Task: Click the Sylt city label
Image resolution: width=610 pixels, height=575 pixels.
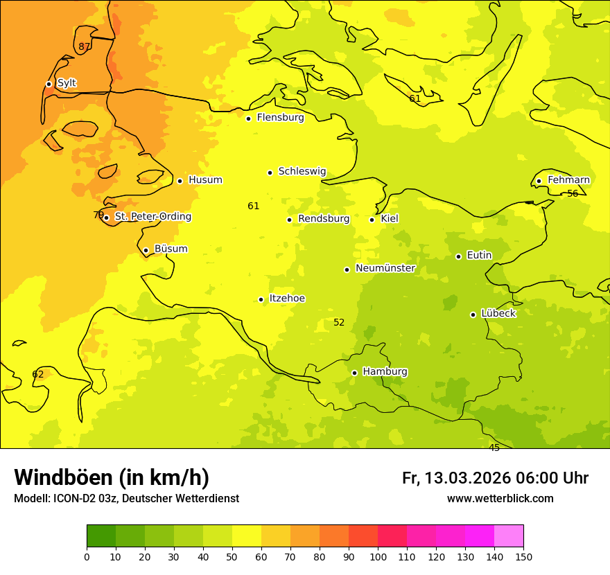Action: point(67,83)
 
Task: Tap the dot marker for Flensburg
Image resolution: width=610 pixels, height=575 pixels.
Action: point(248,118)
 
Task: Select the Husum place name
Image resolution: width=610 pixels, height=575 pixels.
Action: point(205,180)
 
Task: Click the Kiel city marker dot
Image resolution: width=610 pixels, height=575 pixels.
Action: point(372,220)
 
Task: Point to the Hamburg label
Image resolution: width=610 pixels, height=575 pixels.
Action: point(385,371)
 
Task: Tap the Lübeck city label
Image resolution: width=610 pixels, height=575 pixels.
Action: point(498,313)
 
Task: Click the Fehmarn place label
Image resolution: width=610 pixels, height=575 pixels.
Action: point(568,180)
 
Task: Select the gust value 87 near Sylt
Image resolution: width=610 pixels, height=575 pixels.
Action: point(84,47)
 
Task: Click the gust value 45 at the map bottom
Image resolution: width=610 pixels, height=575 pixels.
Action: point(494,448)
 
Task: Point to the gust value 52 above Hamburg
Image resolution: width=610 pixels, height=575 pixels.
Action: point(339,323)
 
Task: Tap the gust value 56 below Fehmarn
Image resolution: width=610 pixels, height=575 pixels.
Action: point(573,194)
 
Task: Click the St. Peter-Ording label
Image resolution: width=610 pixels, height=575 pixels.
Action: point(152,217)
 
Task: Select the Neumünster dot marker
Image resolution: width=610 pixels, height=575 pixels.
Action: point(347,269)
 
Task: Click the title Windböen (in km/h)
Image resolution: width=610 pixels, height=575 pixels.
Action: point(112,477)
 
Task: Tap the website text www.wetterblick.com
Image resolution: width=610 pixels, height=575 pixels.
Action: point(500,499)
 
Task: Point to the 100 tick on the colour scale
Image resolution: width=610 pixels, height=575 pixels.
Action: point(378,556)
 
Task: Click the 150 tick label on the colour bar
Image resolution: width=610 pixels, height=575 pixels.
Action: point(523,556)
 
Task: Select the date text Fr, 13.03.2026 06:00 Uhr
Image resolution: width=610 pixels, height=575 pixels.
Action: point(495,478)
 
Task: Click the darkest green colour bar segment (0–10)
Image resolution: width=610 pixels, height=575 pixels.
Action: point(101,536)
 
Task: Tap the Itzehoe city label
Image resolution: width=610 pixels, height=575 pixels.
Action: point(287,299)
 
